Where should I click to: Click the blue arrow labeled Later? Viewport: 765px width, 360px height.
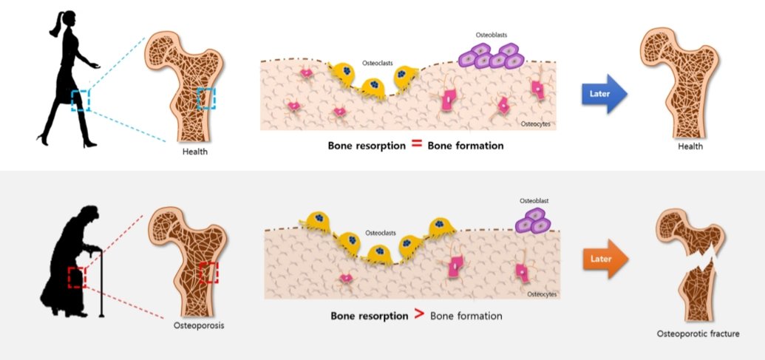click(603, 94)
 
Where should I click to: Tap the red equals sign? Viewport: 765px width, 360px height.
click(416, 144)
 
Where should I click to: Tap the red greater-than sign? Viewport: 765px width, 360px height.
click(418, 315)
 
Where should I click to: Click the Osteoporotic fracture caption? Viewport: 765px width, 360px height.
click(698, 334)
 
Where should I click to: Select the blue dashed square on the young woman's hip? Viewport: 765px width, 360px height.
click(80, 100)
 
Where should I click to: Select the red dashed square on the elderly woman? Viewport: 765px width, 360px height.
click(77, 277)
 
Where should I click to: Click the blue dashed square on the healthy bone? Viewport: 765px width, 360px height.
click(206, 98)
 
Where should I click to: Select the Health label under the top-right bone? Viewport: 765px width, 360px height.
click(690, 147)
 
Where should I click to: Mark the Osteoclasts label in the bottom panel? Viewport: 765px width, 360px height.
click(383, 230)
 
